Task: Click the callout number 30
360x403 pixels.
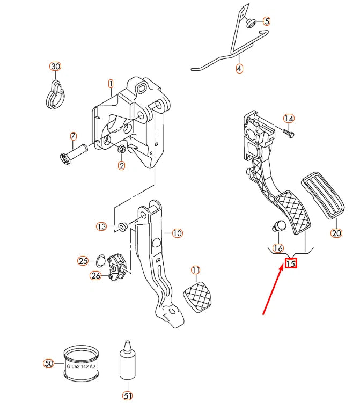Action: click(56, 67)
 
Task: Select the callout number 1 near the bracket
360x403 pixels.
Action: click(111, 84)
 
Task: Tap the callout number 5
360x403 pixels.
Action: click(267, 22)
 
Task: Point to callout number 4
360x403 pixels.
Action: click(239, 69)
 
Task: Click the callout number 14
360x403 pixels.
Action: click(289, 119)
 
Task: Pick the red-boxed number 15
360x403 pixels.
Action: click(291, 263)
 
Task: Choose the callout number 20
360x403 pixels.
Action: click(336, 232)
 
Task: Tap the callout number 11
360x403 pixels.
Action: click(195, 269)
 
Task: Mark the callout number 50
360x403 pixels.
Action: click(49, 363)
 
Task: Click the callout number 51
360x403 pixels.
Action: click(128, 395)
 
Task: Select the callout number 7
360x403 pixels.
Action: click(74, 137)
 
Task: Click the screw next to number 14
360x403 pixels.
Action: click(288, 133)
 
